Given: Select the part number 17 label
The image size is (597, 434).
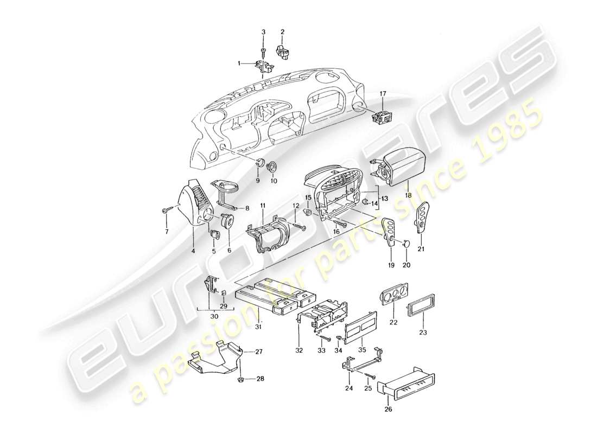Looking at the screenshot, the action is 384,93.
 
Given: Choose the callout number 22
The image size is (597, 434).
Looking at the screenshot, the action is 393,323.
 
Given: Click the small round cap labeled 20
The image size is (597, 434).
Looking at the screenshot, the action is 407,244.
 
